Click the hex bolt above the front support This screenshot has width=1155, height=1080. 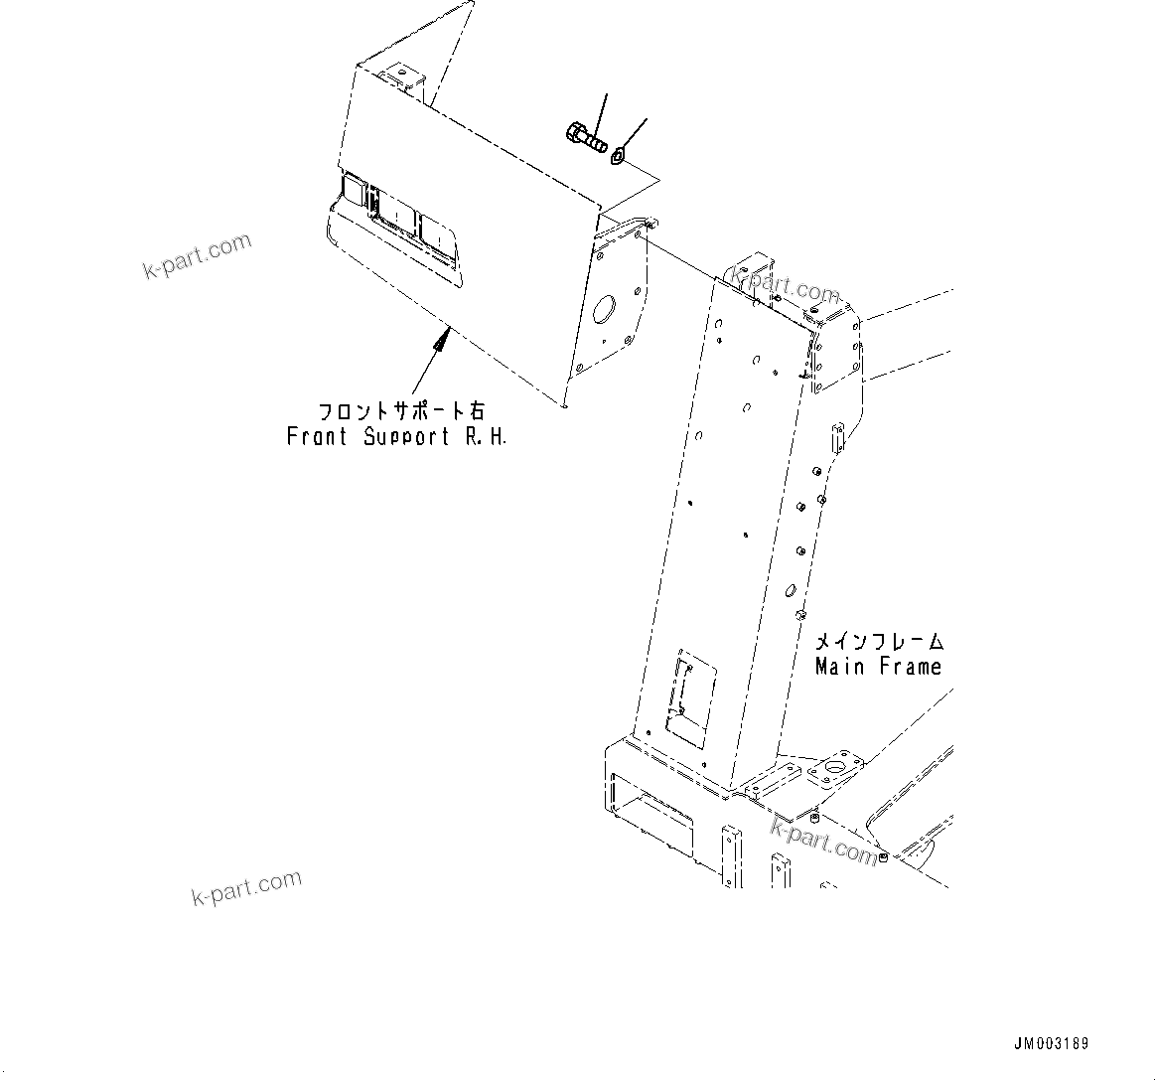tap(584, 137)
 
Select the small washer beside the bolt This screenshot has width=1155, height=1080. tap(619, 154)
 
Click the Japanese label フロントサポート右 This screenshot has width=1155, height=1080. tap(401, 410)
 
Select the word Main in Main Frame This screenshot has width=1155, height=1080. tap(839, 667)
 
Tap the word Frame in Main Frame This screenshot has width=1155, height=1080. tap(909, 667)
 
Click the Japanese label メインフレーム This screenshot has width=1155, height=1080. tap(879, 642)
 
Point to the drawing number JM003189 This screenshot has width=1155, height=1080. tap(1051, 1044)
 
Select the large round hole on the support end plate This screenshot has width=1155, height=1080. tap(603, 309)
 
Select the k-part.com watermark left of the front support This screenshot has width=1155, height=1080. tap(197, 256)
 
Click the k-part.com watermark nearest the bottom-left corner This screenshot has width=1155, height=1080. tap(245, 888)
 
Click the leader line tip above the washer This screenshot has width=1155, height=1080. tap(647, 119)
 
